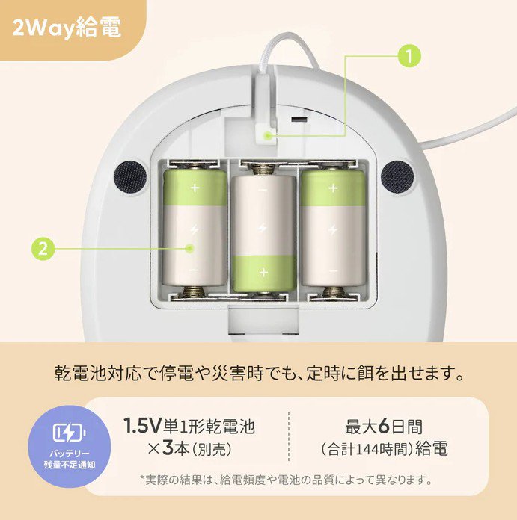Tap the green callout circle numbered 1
coord(409,55)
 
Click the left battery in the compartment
coord(195,228)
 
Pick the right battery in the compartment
coord(331,228)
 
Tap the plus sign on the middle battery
coord(263,273)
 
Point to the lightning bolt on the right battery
coord(331,229)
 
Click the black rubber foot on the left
coord(130,176)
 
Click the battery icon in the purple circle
coord(69,433)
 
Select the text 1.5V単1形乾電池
coord(189,427)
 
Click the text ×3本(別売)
coord(189,450)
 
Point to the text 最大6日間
coord(384,427)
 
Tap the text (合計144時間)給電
coord(384,450)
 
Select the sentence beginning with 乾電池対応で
coord(258,371)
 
